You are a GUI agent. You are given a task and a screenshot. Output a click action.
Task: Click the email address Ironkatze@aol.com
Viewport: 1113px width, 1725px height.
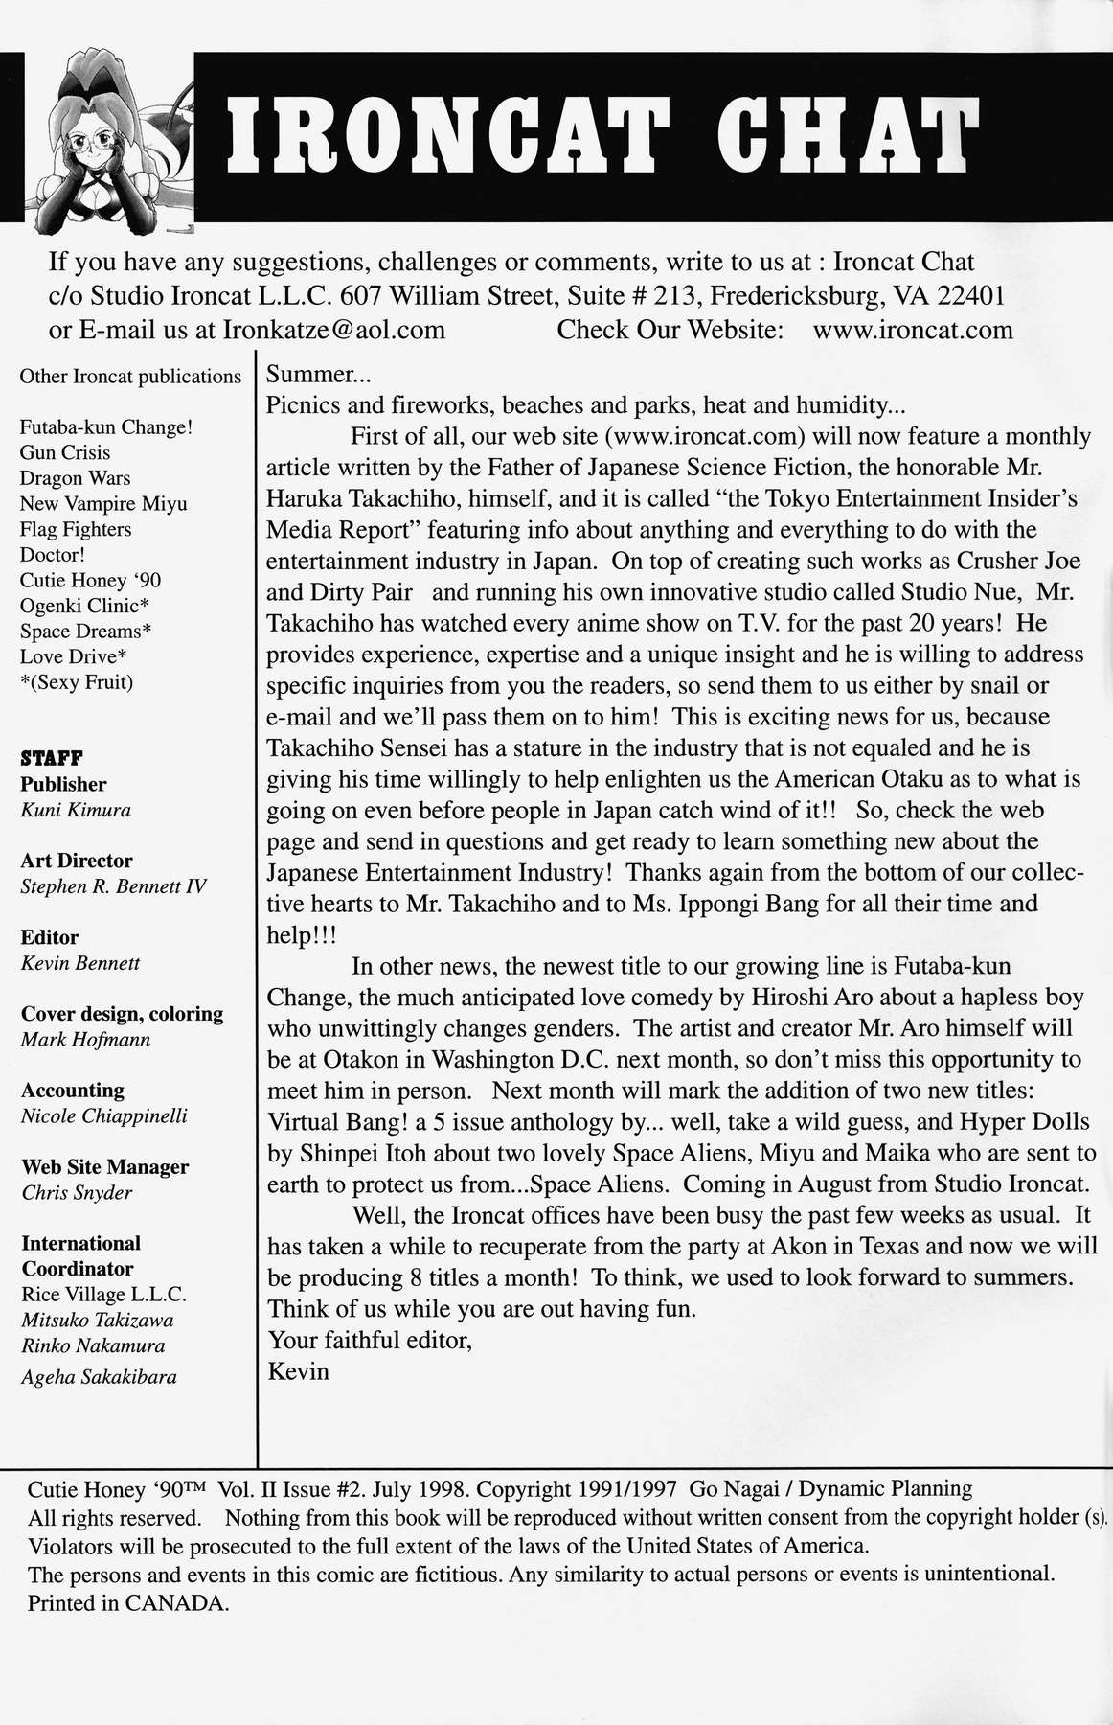pyautogui.click(x=334, y=331)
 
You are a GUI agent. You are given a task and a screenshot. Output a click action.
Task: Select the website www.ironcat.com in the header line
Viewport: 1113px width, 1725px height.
pyautogui.click(x=912, y=331)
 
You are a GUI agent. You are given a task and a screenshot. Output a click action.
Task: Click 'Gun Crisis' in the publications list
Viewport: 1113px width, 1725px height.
pyautogui.click(x=65, y=452)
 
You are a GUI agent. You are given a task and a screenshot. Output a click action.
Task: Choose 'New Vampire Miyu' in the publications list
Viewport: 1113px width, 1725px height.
pyautogui.click(x=103, y=503)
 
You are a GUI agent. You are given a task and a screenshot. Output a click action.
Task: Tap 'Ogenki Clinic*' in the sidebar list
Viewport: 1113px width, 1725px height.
pyautogui.click(x=85, y=606)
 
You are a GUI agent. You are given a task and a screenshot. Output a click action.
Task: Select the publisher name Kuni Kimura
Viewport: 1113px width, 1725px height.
pyautogui.click(x=76, y=810)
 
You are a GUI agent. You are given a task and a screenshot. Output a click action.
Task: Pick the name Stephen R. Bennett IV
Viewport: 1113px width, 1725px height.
pyautogui.click(x=113, y=886)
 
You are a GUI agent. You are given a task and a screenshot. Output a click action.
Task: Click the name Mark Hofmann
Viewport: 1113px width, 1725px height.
pyautogui.click(x=85, y=1040)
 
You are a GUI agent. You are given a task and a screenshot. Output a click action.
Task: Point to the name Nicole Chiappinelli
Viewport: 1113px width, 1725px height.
pyautogui.click(x=103, y=1116)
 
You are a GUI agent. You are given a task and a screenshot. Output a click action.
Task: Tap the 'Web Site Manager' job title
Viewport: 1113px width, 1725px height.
pyautogui.click(x=104, y=1167)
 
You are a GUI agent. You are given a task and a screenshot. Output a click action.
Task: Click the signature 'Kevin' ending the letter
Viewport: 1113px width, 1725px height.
pyautogui.click(x=298, y=1371)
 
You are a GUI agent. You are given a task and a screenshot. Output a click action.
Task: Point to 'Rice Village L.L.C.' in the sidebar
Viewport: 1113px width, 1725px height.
pyautogui.click(x=103, y=1295)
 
